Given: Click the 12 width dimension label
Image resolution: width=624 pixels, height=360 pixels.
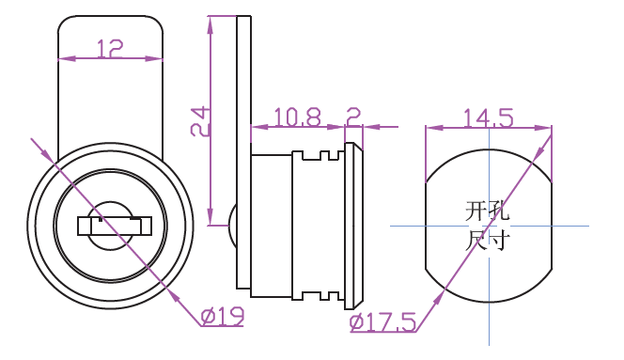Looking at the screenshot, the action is (x=110, y=48).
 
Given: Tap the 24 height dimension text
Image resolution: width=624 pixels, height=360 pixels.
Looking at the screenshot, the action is (x=199, y=121).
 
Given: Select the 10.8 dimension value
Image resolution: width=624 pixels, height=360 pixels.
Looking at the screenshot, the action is (x=297, y=117).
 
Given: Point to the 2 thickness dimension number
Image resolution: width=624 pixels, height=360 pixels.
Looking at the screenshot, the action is (x=353, y=117).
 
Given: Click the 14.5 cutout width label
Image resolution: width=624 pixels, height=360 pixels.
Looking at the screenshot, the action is (x=489, y=118).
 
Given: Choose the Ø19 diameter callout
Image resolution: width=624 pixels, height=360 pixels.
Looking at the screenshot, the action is (x=223, y=317).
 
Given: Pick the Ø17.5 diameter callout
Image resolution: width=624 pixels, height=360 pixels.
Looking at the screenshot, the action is (x=382, y=322).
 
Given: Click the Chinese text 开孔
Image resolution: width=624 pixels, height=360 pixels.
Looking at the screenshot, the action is (x=487, y=211).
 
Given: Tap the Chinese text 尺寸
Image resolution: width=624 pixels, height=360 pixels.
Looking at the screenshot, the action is (x=487, y=240).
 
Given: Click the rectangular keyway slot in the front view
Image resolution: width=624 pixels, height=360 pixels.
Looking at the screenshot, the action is (x=115, y=227).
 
